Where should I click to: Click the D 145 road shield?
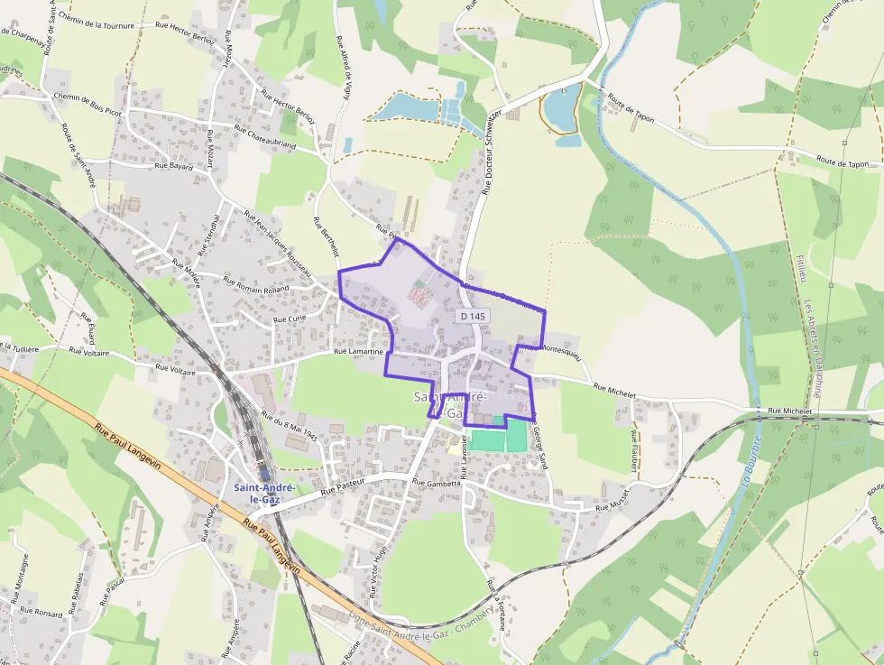(472, 317)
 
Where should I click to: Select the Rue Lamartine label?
(359, 352)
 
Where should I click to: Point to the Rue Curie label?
(290, 319)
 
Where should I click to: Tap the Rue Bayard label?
(174, 167)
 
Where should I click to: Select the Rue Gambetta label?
(437, 483)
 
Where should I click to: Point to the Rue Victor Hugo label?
(378, 571)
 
